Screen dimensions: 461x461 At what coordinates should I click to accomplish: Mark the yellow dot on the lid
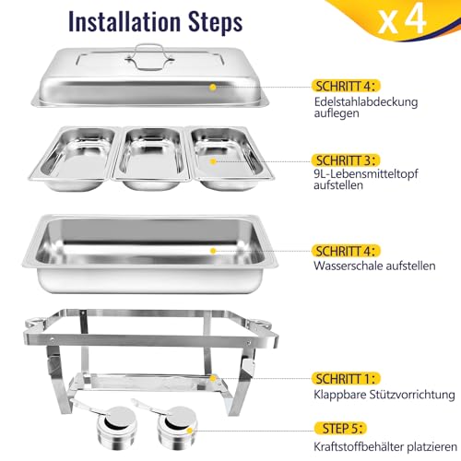[x=214, y=88]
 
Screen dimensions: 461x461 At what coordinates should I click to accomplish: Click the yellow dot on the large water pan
[x=214, y=249]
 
